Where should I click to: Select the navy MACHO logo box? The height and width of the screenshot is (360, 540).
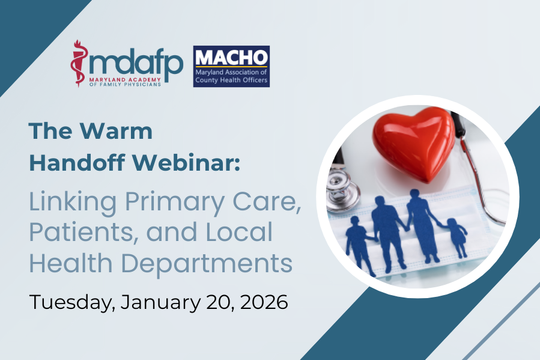(231, 66)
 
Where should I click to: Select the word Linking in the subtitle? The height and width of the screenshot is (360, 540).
(73, 203)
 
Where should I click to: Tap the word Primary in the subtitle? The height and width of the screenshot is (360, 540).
(175, 203)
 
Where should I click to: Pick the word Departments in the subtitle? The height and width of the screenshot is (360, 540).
(207, 264)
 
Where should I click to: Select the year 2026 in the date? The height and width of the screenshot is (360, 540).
(264, 302)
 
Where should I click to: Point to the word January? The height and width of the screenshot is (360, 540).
(160, 302)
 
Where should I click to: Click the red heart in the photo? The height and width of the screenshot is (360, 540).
(414, 143)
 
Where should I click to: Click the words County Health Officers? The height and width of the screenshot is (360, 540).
(231, 80)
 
